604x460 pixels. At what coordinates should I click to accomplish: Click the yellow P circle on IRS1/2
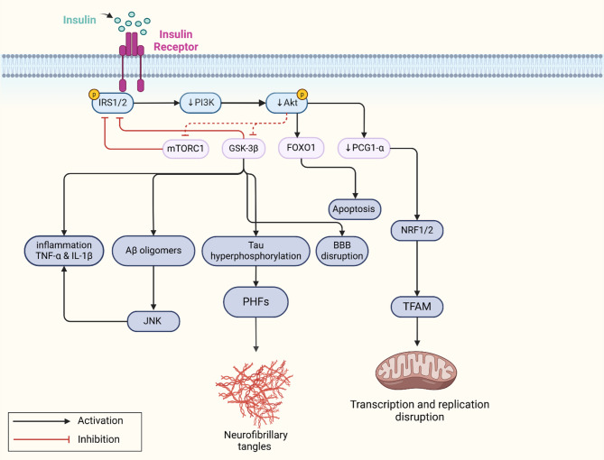[94, 94]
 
